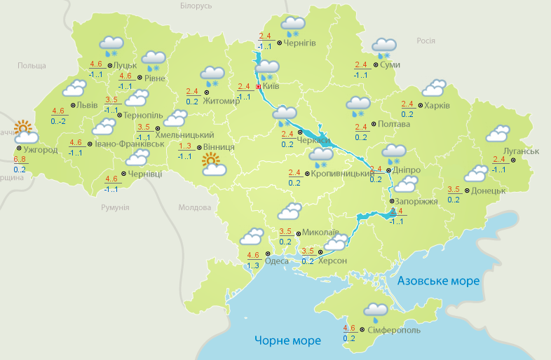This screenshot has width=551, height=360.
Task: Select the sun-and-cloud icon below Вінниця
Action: click(214, 166)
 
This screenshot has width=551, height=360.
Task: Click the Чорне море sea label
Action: click(287, 340)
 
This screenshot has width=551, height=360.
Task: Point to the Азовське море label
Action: click(438, 281)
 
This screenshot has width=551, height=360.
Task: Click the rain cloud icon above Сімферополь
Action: click(376, 310)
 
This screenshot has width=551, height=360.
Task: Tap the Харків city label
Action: click(437, 106)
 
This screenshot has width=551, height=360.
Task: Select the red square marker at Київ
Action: click(258, 87)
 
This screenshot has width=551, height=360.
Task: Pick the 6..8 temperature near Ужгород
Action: click(20, 160)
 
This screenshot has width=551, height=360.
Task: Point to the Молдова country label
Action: click(194, 208)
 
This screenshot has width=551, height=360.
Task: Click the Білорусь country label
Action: click(196, 6)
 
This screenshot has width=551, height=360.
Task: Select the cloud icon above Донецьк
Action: click(476, 173)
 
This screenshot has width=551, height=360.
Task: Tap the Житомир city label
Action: click(226, 100)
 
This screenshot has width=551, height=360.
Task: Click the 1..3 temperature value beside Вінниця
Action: click(185, 146)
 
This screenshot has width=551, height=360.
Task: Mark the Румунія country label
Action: click(115, 208)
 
